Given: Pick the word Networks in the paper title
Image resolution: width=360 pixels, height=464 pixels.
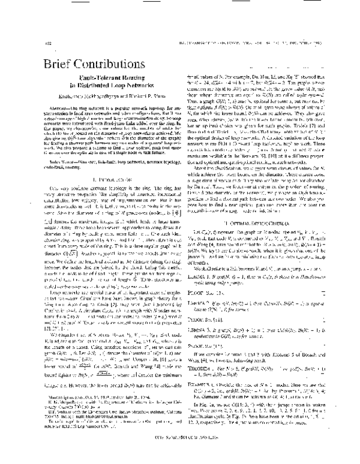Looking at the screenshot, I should coord(129,94).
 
